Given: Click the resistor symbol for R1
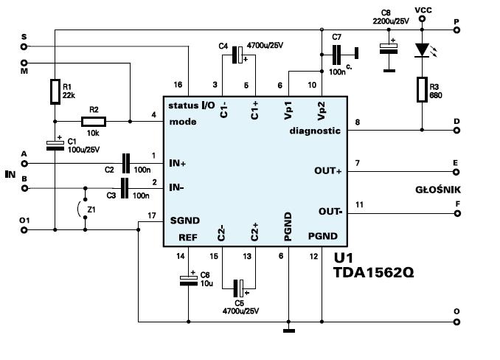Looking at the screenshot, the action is click(55, 91).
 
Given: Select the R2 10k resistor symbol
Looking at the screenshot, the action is click(94, 122).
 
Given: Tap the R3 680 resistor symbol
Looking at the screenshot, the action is click(422, 89).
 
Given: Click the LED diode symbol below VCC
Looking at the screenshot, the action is click(422, 50).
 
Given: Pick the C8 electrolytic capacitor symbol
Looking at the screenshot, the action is click(389, 49).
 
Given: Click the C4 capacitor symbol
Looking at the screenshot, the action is click(238, 55).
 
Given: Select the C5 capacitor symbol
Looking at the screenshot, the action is click(238, 288).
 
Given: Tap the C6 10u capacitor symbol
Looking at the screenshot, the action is click(189, 280).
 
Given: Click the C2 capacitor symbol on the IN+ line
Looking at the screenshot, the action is click(126, 163).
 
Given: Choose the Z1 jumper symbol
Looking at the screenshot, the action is click(83, 209).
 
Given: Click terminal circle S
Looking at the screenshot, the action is click(24, 46).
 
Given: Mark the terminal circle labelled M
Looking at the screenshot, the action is click(24, 63).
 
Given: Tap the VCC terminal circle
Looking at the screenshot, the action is click(422, 19).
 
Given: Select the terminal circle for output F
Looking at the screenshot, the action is click(457, 213).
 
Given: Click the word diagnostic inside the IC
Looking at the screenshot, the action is click(315, 131).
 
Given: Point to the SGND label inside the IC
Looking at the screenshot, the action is click(185, 221).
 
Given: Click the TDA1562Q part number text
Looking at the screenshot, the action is click(373, 273).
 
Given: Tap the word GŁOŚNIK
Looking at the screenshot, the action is click(438, 190).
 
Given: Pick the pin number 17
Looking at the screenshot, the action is click(152, 216).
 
